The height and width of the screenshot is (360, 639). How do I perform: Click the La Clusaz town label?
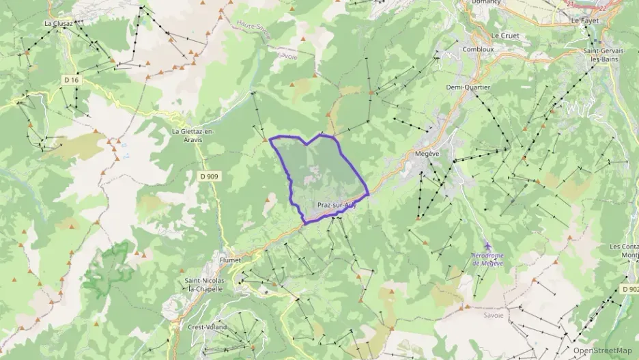(59, 23)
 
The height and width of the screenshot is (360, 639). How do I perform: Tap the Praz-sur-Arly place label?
(337, 205)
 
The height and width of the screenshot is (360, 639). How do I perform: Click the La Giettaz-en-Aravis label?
(194, 135)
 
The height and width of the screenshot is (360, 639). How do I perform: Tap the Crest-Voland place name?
(208, 327)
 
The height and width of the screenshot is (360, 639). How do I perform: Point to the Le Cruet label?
(505, 36)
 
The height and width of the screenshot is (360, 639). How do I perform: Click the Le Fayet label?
(584, 21)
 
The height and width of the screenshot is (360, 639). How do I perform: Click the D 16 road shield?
(71, 80)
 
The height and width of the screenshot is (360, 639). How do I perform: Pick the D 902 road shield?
(629, 290)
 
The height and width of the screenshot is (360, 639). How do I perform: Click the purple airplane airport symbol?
(487, 246)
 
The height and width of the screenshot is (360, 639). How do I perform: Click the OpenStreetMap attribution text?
(603, 350)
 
